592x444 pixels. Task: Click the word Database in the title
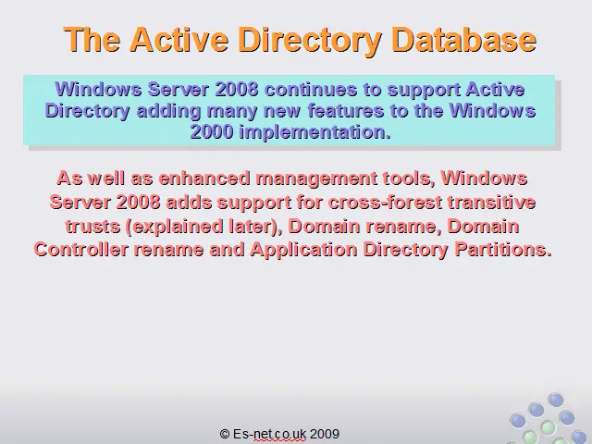(463, 39)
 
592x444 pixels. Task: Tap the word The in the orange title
(92, 39)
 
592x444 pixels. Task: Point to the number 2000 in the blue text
(212, 131)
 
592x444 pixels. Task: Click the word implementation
(315, 132)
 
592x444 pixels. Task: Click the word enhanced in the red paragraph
(204, 178)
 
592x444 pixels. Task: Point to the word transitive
(491, 203)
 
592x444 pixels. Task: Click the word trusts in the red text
(92, 227)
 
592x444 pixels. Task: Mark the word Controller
(81, 250)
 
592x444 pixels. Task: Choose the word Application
(303, 251)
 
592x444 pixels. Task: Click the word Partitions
(503, 250)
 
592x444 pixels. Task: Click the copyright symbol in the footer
(225, 434)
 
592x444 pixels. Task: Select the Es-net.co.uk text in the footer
(269, 434)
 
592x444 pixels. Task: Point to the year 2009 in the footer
(325, 434)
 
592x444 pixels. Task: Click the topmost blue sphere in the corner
(555, 400)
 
